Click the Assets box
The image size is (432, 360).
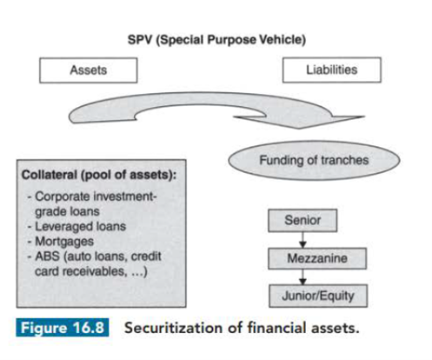click(89, 70)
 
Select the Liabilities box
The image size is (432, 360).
click(332, 70)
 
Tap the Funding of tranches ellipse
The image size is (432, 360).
click(314, 160)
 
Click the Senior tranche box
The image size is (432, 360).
click(302, 220)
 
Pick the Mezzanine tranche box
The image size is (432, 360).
click(317, 258)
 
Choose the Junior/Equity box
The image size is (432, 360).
click(318, 296)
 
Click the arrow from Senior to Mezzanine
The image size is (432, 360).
click(302, 240)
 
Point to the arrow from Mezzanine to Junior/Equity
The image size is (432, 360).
click(302, 277)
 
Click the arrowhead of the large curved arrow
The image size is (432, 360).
click(300, 121)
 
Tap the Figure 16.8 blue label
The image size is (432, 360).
click(63, 328)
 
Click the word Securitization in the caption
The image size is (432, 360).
click(172, 328)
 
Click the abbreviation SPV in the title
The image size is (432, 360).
click(140, 40)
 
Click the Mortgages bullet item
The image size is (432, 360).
click(64, 242)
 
